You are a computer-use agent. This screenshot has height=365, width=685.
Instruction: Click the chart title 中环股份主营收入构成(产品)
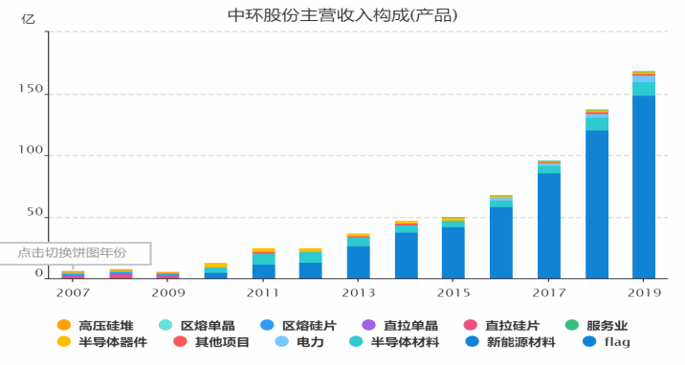coord(342,15)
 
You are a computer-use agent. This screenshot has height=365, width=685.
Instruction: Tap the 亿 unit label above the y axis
coord(28,19)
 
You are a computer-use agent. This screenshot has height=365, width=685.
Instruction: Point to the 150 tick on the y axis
coord(31,89)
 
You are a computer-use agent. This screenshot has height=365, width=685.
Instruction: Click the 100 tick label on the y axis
coord(31,150)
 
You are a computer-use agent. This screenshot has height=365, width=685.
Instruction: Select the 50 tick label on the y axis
coord(35,212)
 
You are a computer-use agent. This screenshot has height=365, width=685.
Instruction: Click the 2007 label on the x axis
coord(73,292)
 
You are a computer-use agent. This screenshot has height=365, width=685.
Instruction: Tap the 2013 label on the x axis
coord(358,292)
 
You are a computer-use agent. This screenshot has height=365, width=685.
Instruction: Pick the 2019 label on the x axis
coord(645,292)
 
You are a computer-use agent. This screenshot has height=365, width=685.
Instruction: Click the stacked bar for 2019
coord(644,175)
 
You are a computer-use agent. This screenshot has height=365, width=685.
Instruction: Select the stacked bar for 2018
coord(597,194)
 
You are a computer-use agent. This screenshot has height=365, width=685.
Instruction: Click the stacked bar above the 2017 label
coord(549,220)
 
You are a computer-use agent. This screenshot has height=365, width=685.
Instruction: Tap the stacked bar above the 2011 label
coord(264,264)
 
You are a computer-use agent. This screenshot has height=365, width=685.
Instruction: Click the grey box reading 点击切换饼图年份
coord(76,253)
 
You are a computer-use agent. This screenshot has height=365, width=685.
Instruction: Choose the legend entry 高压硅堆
coord(96,325)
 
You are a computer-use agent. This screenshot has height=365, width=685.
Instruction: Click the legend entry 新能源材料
coord(510,341)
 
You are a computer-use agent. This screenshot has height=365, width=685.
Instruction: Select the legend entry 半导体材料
coord(394,341)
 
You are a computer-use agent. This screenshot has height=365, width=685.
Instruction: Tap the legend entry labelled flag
coord(607,341)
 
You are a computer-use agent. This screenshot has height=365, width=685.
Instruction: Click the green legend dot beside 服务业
coord(572,325)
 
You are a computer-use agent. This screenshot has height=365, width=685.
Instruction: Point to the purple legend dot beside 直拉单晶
coord(369,325)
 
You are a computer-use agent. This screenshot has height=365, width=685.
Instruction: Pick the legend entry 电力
coord(299,341)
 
